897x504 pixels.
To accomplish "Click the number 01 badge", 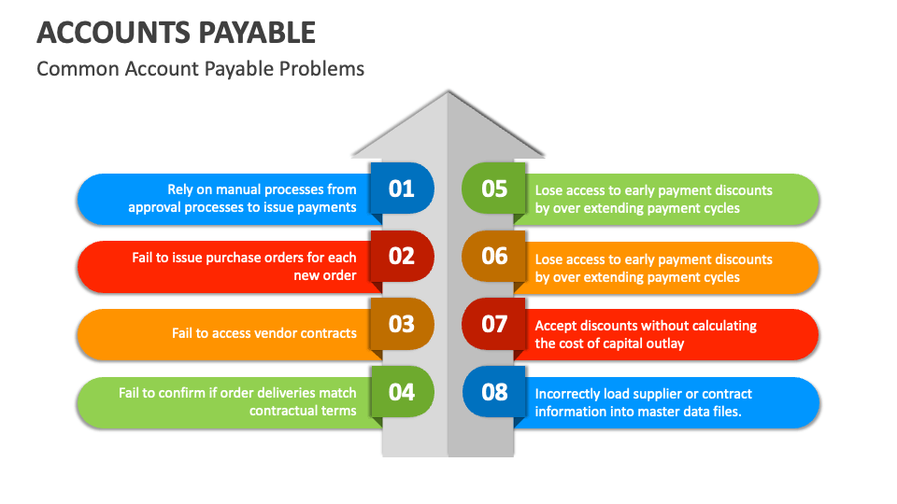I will (402, 189).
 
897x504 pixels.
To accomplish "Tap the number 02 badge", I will (402, 256).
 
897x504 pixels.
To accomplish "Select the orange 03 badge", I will (402, 324).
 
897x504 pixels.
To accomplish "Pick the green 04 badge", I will (402, 392).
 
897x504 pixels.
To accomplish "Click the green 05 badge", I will (494, 189).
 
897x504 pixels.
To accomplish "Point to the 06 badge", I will (494, 256).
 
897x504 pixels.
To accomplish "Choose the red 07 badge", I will (494, 324).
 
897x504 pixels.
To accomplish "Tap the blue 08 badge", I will (494, 392).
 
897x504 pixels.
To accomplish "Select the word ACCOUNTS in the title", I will (111, 33).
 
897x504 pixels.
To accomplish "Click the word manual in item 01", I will (236, 189).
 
